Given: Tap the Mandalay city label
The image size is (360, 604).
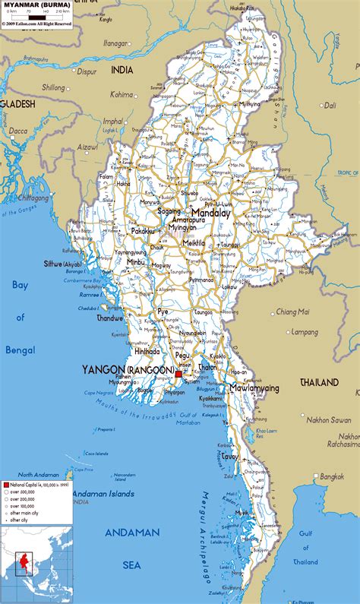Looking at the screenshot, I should coord(210,213).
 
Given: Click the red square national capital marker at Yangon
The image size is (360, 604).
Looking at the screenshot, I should coord(178,374).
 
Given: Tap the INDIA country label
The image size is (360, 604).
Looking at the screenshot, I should coord(122,69).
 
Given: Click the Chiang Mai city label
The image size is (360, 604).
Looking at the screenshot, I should coord(292,311).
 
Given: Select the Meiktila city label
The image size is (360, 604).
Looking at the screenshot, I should coord(194,242).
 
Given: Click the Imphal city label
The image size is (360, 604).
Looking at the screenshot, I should coord(112,121).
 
